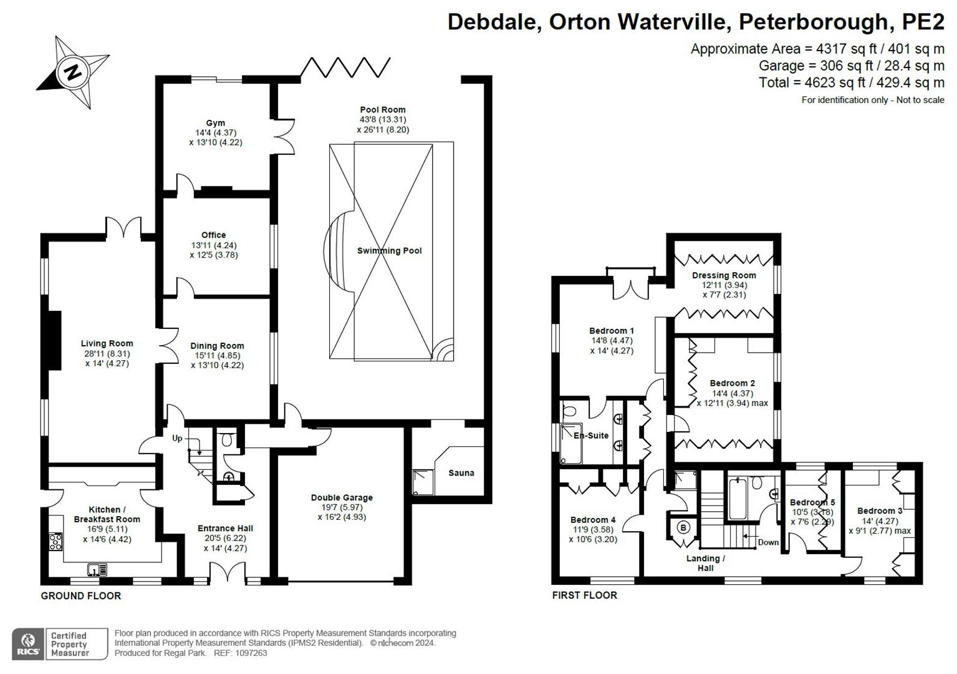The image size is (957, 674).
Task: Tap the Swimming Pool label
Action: click(x=389, y=251)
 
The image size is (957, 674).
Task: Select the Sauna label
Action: click(x=461, y=473)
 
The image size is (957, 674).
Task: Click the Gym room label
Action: click(x=216, y=123)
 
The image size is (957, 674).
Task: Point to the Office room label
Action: click(x=213, y=235)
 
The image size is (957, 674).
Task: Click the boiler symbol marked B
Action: click(x=683, y=528)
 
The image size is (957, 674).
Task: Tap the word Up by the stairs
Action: click(x=177, y=439)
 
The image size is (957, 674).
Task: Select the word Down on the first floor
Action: click(x=768, y=542)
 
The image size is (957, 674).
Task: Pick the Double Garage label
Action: click(x=342, y=498)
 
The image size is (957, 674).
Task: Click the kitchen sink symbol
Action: click(x=97, y=569)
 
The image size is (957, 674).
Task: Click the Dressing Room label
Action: click(x=724, y=275)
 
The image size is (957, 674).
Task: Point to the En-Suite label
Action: click(x=591, y=436)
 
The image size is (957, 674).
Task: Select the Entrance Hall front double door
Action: click(x=227, y=573)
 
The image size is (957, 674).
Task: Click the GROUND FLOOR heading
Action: click(x=81, y=596)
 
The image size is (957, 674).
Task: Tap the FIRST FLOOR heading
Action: click(x=584, y=595)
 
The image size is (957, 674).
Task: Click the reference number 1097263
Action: click(x=249, y=653)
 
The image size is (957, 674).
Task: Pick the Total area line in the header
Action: click(x=851, y=82)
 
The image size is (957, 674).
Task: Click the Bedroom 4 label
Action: click(x=593, y=520)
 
